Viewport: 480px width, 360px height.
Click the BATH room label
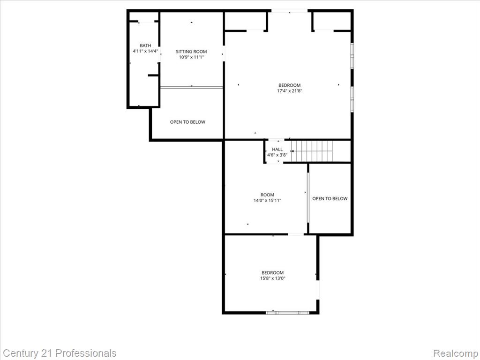point(145,45)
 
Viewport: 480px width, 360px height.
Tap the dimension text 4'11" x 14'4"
point(145,51)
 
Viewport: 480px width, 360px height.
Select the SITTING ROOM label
point(191,52)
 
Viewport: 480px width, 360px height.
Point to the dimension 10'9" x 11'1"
point(191,57)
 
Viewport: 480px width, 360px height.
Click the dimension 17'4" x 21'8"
point(289,91)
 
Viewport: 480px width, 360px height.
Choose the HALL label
point(277,150)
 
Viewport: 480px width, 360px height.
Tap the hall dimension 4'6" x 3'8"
point(277,155)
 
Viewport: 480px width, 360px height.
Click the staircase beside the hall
point(312,151)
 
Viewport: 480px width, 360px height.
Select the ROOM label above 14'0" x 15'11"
point(267,195)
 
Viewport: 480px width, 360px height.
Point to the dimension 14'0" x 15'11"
point(267,201)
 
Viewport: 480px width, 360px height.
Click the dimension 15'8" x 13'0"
point(273,278)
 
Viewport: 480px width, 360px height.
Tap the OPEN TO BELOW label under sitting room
point(187,122)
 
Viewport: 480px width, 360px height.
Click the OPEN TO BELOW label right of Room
point(330,199)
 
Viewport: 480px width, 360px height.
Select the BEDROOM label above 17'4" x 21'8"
point(289,85)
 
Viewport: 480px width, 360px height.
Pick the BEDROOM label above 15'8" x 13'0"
point(273,273)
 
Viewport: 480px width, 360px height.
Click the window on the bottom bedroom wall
point(287,312)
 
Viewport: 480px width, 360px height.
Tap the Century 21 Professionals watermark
point(60,353)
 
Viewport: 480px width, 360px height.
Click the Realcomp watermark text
point(454,353)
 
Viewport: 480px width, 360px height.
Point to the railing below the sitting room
point(191,87)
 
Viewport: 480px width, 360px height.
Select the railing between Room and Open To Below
point(308,198)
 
